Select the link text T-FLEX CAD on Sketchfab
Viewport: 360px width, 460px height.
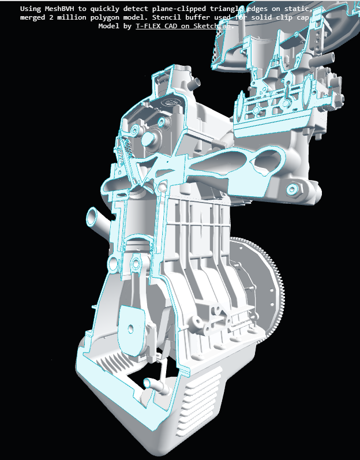click(184, 27)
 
